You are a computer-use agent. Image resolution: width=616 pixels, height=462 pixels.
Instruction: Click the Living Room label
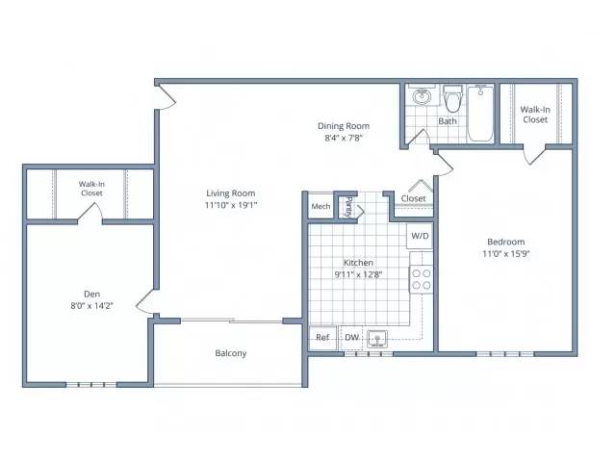click(x=231, y=193)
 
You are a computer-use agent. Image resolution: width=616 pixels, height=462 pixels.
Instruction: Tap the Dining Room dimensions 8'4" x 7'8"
click(x=344, y=138)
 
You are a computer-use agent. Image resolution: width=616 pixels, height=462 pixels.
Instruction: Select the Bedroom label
click(x=506, y=242)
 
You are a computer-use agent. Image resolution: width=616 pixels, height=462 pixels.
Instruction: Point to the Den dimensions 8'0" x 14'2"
click(x=92, y=306)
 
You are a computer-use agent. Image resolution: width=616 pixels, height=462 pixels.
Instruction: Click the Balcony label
click(x=231, y=353)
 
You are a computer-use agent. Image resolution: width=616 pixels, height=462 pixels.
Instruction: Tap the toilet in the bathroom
click(x=452, y=98)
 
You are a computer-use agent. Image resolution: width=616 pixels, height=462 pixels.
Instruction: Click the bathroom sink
click(x=422, y=95)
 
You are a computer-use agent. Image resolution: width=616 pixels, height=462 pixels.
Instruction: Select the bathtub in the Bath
click(x=480, y=114)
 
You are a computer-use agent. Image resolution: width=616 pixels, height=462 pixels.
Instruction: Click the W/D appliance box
click(x=420, y=236)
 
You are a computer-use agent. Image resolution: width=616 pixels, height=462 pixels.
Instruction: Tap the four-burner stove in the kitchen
click(x=422, y=279)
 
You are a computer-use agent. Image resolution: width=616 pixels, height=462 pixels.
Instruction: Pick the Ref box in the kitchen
click(x=322, y=337)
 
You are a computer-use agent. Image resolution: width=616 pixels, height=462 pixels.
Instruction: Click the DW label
click(x=351, y=337)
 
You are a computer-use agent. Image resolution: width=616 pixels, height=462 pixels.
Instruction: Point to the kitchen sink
click(x=377, y=339)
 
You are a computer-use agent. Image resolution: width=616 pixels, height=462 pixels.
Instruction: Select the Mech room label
click(x=321, y=206)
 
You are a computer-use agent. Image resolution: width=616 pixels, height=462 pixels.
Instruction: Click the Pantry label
click(x=348, y=207)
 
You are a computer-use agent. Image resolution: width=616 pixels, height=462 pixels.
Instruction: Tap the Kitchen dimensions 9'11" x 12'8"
click(x=358, y=274)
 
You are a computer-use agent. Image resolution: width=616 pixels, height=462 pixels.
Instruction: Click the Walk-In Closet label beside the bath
click(x=535, y=115)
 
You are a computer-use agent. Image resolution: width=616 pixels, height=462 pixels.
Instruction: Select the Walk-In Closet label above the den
click(x=91, y=189)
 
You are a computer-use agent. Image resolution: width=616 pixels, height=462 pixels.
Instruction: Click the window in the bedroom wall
click(x=505, y=354)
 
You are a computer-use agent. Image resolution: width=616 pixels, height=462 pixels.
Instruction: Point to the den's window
click(x=91, y=385)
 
